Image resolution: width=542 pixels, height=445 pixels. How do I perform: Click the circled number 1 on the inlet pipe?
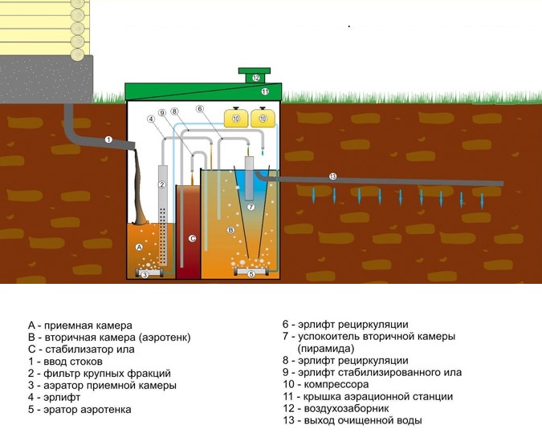(108, 140)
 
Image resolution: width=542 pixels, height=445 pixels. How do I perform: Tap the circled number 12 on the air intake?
(255, 78)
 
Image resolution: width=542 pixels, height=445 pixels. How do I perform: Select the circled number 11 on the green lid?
(265, 92)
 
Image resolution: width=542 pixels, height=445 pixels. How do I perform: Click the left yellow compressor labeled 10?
(236, 119)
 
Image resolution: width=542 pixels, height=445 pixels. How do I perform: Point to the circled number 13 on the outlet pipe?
(332, 176)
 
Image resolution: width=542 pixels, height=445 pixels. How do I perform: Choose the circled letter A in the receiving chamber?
(140, 247)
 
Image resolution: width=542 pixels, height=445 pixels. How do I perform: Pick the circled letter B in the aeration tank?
(230, 230)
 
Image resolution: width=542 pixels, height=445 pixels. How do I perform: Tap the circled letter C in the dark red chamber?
(192, 238)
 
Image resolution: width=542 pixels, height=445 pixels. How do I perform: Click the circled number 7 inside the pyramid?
(251, 207)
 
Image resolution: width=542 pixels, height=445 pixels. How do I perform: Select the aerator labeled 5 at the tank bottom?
(251, 273)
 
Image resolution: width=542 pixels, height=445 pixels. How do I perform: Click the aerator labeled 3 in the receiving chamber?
(145, 274)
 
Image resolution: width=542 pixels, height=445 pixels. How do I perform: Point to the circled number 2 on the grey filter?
(162, 185)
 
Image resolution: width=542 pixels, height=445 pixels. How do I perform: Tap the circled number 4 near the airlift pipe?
(150, 119)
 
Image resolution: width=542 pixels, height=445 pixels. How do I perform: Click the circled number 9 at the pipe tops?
(162, 112)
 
